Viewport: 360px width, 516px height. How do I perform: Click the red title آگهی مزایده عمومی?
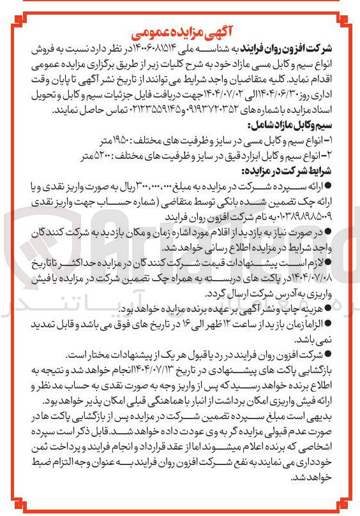pos(181,32)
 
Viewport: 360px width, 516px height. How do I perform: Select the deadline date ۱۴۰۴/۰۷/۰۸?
pos(326,276)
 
